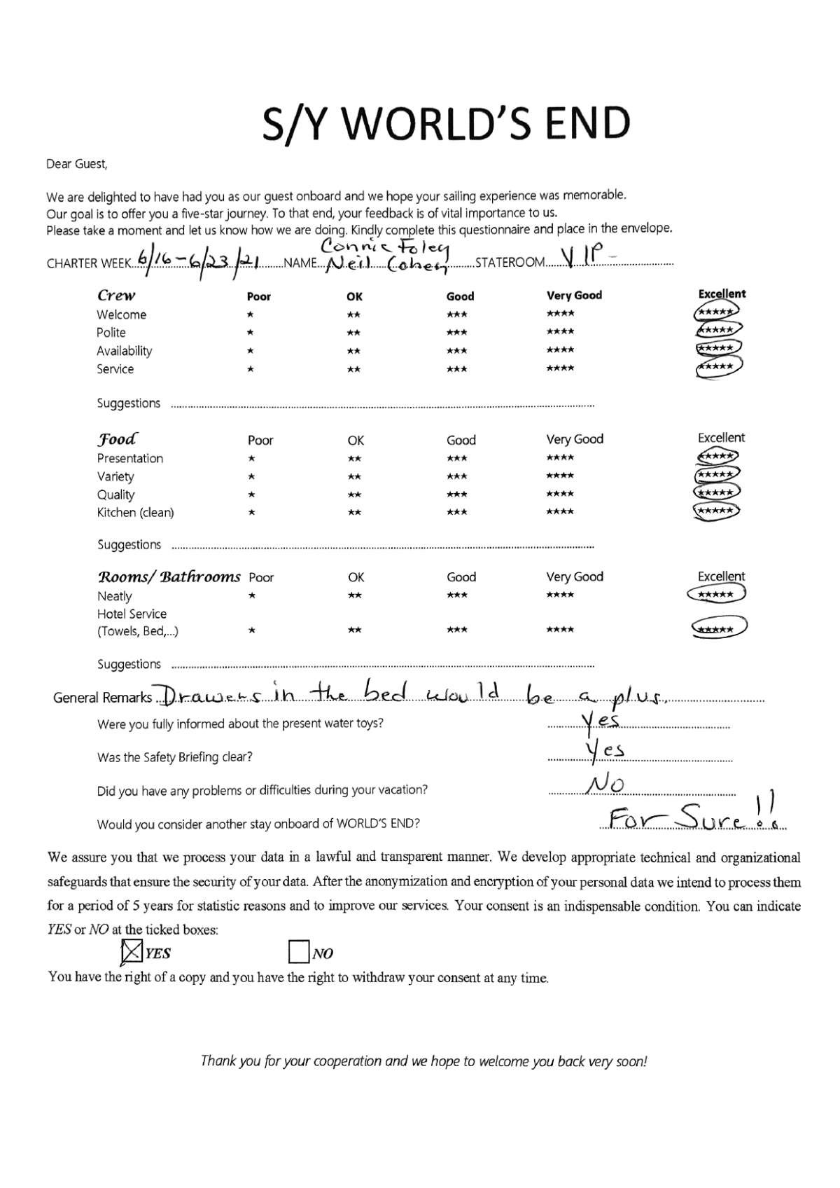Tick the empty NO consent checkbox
299,952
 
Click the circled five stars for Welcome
717,312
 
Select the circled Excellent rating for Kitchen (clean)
715,511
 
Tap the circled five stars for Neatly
716,595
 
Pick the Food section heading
117,439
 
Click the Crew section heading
116,295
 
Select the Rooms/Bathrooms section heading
169,576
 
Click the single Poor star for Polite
251,333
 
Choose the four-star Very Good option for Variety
560,476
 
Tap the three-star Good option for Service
457,368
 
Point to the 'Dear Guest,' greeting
77,165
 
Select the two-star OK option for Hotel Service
355,630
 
